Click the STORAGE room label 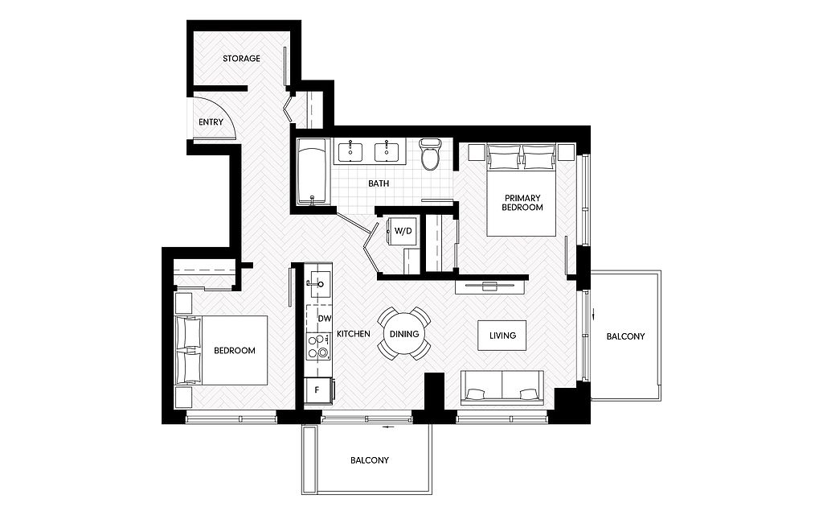pos(241,58)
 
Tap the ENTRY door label pos(211,122)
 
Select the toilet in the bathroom pos(431,154)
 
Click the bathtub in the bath pos(313,172)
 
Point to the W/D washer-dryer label pos(403,231)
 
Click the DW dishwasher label pos(325,319)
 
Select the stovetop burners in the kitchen pos(318,346)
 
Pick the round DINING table pos(404,334)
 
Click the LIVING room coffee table pos(502,336)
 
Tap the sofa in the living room pos(502,388)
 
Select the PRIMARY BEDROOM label pos(522,203)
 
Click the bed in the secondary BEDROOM pos(222,351)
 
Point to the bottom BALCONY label pos(370,460)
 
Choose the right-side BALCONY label pos(625,336)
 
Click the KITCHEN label pos(354,334)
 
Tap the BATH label pos(379,183)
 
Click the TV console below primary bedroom pos(490,286)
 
